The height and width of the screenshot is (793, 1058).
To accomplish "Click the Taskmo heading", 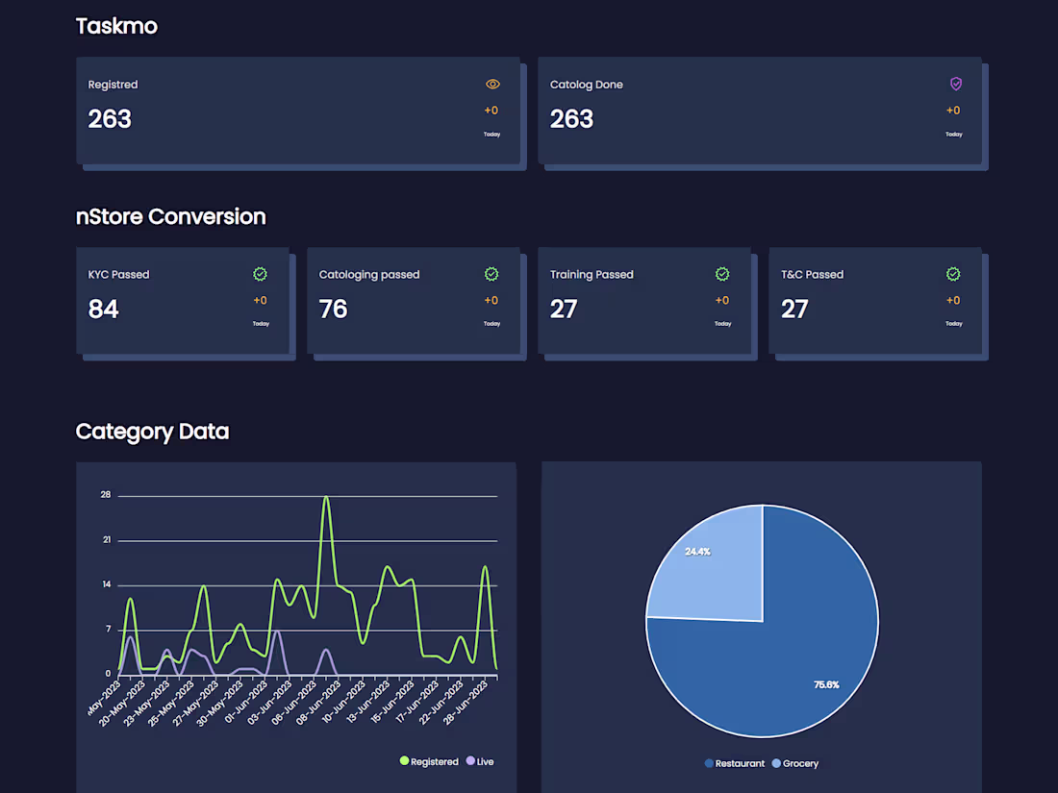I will pos(116,26).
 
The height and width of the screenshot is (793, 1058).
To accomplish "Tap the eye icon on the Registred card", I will pos(492,85).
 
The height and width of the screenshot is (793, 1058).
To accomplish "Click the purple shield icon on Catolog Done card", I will pos(955,84).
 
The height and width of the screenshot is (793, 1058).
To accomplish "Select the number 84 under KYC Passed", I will pos(104,309).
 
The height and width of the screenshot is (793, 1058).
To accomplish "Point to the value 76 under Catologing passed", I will pos(333,309).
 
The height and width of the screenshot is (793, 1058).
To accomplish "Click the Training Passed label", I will pos(592,274).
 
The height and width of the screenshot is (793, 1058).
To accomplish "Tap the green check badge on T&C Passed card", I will pos(953,274).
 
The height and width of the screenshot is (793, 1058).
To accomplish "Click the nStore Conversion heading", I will pos(170,216).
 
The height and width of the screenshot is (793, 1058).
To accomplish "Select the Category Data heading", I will pos(152,432).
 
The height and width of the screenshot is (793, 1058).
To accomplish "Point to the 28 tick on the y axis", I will pos(106,495).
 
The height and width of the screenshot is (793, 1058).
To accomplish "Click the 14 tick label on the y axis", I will pos(106,584).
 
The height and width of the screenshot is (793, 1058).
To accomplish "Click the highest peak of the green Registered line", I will pos(327,498).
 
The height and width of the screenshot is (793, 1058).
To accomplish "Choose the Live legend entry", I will pos(480,761).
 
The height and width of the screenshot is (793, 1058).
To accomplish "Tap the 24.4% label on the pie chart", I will pos(697,552).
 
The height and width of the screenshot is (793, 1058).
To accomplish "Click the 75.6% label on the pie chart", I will pos(826,684).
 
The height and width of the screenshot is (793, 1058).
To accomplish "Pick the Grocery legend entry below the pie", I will pos(794,763).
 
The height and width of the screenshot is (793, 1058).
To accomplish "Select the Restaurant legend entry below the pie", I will pos(735,763).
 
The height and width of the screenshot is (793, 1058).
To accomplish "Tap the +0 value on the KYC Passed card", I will pos(260,300).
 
